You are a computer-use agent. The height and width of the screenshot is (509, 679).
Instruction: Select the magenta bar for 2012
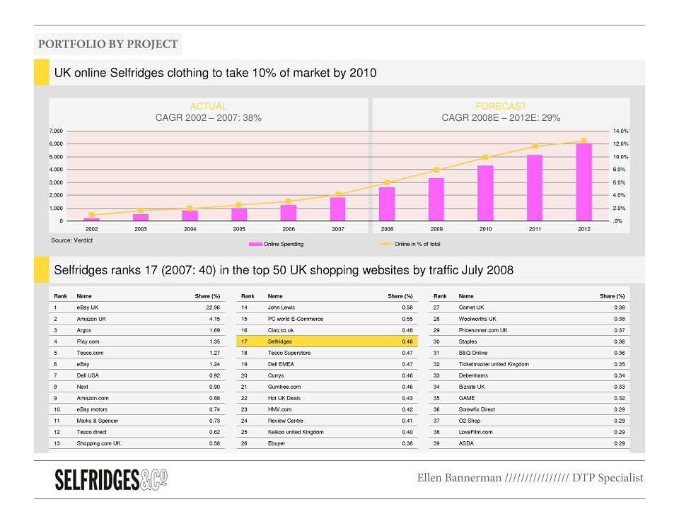[584, 182]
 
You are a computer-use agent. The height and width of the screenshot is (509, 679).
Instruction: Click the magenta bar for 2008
[387, 204]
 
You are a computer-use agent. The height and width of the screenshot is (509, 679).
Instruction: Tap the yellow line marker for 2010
[485, 158]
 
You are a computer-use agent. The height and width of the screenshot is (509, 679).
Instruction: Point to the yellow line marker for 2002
[91, 215]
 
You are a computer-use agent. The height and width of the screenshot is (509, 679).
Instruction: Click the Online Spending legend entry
[277, 244]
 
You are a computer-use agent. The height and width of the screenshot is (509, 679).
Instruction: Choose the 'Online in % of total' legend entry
[410, 244]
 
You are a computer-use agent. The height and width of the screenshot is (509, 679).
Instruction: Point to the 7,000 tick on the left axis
[56, 131]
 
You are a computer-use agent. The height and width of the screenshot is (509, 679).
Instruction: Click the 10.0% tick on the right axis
[620, 157]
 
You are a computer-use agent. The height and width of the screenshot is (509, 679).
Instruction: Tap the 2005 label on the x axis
[239, 229]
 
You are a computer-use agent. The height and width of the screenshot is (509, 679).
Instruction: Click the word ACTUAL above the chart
[208, 106]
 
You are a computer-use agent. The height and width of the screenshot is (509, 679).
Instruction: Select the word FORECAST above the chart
[501, 106]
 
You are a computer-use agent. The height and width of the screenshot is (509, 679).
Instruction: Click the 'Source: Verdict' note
[72, 240]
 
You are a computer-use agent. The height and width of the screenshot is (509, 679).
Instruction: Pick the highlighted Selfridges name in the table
[280, 341]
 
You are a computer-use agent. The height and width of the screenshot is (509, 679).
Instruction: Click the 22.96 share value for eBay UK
[213, 308]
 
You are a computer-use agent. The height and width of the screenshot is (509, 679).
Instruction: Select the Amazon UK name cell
[91, 319]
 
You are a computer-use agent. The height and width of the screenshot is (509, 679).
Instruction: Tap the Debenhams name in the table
[473, 375]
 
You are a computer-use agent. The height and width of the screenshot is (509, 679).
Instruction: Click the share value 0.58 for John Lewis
[407, 308]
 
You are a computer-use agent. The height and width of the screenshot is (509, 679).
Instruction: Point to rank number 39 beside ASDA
[436, 443]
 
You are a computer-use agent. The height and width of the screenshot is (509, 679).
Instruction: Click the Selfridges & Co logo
[111, 479]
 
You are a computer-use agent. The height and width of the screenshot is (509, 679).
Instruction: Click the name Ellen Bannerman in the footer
[459, 478]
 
